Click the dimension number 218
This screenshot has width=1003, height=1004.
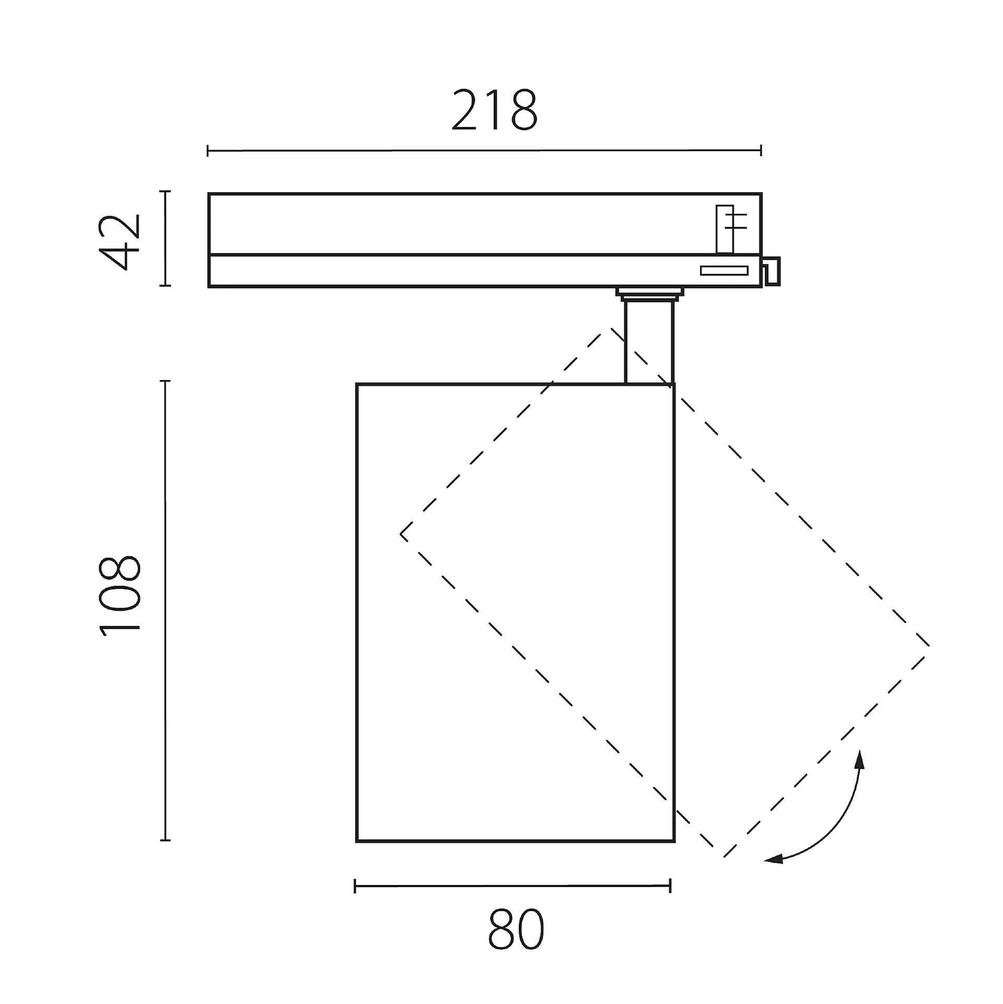494,110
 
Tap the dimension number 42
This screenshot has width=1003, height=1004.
120,242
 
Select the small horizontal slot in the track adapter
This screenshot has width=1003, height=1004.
724,270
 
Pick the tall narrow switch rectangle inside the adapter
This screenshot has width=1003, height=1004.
725,229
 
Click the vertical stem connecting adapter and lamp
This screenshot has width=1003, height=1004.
649,343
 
